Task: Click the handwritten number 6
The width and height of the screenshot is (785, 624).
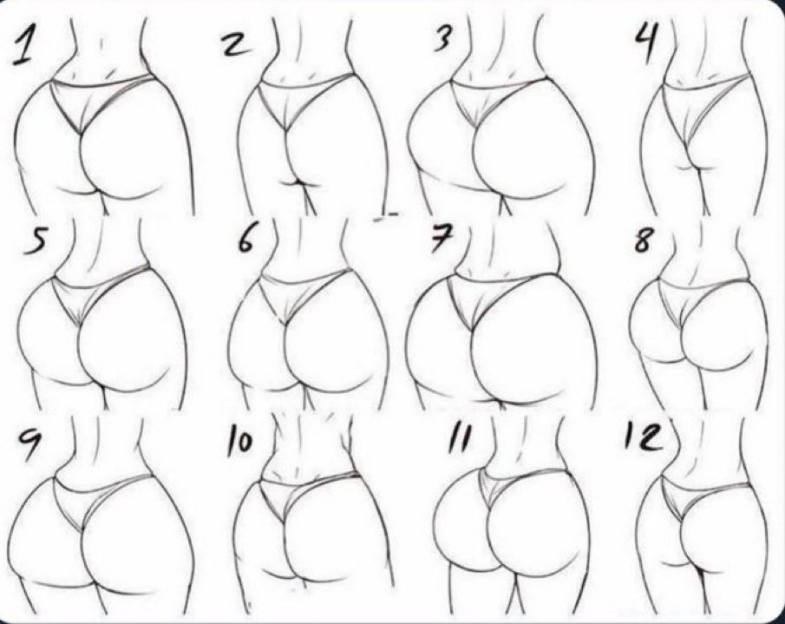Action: [246, 240]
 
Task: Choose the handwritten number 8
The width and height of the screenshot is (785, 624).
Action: [644, 240]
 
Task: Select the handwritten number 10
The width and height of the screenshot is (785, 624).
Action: [239, 440]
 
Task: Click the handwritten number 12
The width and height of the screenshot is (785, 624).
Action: [644, 437]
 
